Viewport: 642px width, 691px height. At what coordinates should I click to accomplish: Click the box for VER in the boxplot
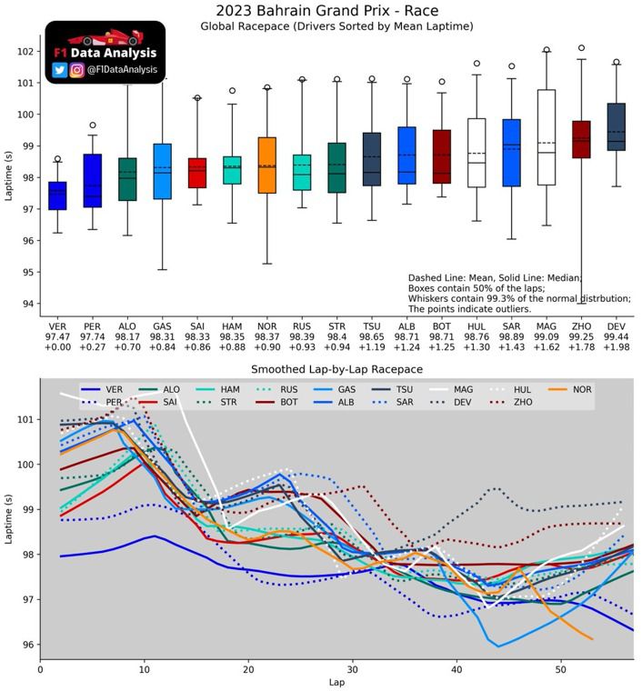(57, 195)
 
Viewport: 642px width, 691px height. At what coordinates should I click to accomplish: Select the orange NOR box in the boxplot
(266, 165)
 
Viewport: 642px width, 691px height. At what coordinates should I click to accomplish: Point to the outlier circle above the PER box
(92, 125)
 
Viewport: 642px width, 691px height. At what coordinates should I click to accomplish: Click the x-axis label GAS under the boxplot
(162, 325)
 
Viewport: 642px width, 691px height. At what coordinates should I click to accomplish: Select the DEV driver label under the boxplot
(616, 325)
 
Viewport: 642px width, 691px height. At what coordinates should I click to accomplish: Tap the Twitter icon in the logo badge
(60, 69)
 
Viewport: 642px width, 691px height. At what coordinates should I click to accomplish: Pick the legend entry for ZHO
(515, 401)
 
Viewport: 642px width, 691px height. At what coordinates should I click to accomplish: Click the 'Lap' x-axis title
(336, 682)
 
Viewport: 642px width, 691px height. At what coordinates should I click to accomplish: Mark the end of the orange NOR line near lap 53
(592, 639)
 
